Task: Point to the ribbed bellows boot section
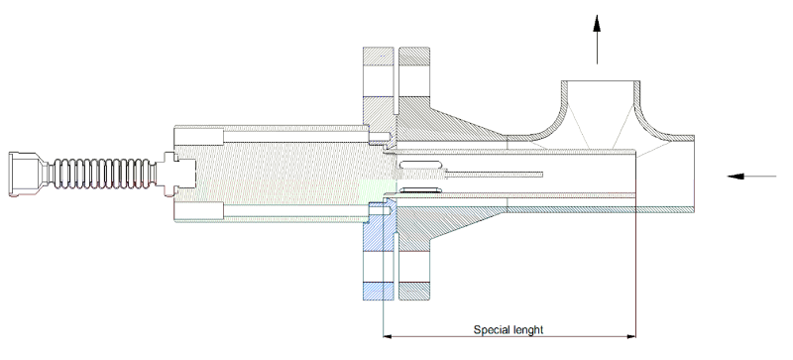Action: click(99, 175)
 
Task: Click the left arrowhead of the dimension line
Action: click(389, 336)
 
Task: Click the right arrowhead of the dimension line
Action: click(629, 336)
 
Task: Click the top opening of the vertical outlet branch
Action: click(598, 82)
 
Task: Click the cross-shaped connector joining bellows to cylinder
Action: click(178, 175)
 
